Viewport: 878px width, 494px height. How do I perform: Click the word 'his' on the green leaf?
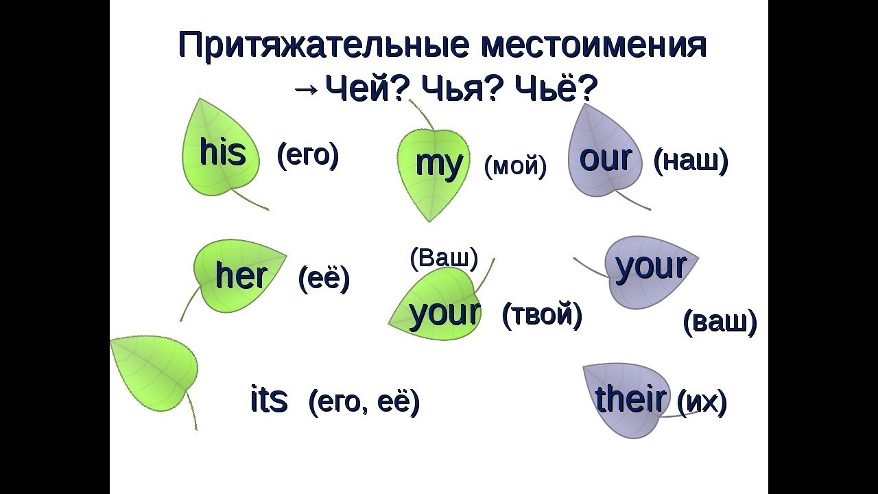[222, 152]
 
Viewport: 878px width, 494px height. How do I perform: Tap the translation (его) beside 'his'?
[308, 155]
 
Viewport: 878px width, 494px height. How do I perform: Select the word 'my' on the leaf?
[439, 164]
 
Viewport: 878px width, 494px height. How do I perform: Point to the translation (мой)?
[515, 165]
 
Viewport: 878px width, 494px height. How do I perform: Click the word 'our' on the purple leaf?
[605, 158]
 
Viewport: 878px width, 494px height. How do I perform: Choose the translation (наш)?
[690, 161]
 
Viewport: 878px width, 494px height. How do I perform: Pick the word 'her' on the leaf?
[241, 275]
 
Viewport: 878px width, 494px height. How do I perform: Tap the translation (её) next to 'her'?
[324, 279]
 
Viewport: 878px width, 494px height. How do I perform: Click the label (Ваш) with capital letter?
[444, 258]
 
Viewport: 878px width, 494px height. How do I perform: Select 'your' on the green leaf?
[444, 313]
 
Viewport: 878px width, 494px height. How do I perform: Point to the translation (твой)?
[542, 315]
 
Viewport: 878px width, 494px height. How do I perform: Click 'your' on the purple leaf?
[651, 267]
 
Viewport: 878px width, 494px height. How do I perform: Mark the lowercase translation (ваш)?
[720, 322]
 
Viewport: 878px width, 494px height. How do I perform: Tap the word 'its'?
[269, 399]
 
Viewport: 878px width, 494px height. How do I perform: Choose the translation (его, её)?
[364, 401]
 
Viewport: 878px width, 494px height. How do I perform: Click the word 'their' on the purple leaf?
[630, 399]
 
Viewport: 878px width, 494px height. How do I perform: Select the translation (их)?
[702, 402]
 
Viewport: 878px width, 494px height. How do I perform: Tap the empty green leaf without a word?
[154, 374]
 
